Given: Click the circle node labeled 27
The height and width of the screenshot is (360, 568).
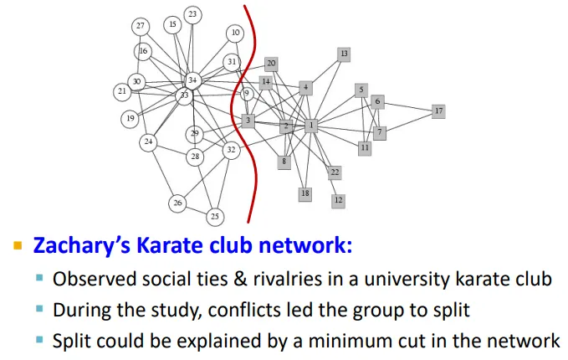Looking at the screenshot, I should pyautogui.click(x=140, y=26).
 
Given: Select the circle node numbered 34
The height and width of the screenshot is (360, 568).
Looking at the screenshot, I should pyautogui.click(x=193, y=80).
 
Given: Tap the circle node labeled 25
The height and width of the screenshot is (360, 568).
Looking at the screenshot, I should pyautogui.click(x=215, y=217).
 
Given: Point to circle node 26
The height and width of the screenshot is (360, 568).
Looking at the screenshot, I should pyautogui.click(x=177, y=203).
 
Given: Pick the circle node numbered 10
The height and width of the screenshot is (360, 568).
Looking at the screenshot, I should pyautogui.click(x=235, y=33).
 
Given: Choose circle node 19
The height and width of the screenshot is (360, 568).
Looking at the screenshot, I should pyautogui.click(x=130, y=119).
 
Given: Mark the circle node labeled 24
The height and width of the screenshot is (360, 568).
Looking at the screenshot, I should pyautogui.click(x=148, y=142).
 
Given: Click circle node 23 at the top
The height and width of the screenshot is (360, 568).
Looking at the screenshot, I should pyautogui.click(x=193, y=14).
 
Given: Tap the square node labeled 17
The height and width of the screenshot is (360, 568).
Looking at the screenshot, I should pyautogui.click(x=438, y=111).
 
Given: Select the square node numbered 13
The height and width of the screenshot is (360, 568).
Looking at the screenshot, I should pyautogui.click(x=343, y=54).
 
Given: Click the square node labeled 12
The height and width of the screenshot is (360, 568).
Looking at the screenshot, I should pyautogui.click(x=338, y=201).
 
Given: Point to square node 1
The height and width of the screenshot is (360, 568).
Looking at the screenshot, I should pyautogui.click(x=311, y=126).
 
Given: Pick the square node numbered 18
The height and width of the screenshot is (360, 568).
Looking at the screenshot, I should pyautogui.click(x=305, y=194).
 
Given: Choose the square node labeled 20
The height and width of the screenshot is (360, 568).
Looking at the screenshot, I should pyautogui.click(x=271, y=64).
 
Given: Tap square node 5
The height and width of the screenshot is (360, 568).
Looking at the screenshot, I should pyautogui.click(x=361, y=90).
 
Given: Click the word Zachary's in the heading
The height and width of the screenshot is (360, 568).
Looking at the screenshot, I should pyautogui.click(x=82, y=247).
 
